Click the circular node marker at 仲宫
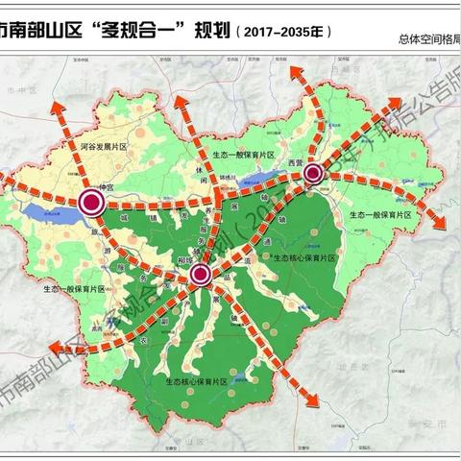click(93, 203)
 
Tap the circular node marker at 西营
click(313, 174)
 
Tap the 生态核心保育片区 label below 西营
click(304, 258)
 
